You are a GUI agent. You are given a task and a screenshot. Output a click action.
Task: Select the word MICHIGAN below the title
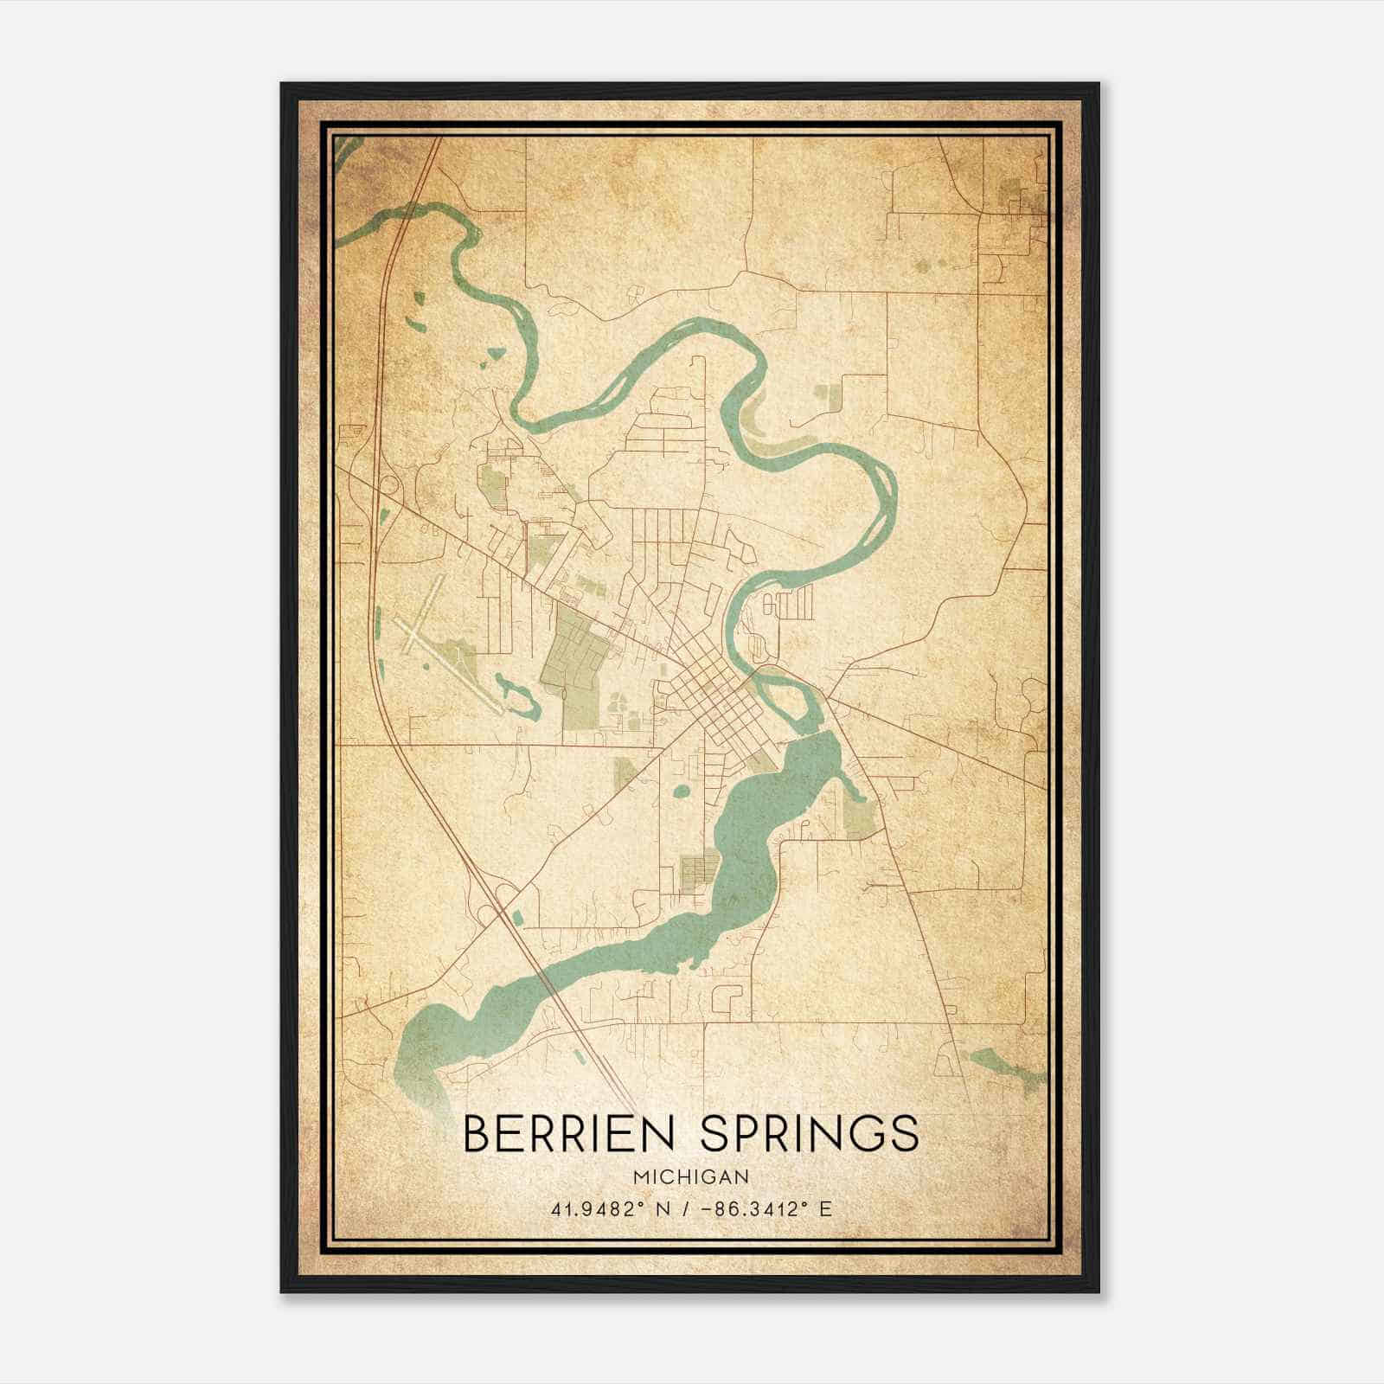[x=690, y=1177]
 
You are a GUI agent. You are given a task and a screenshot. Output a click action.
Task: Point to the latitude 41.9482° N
[x=609, y=1209]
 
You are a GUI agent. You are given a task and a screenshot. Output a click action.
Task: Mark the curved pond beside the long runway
[x=517, y=697]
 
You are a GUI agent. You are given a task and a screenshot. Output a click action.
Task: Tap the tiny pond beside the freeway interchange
[x=517, y=915]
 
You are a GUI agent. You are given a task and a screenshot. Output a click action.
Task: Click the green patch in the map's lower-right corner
[x=1003, y=1066]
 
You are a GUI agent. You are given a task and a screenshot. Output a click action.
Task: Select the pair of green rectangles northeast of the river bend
[x=829, y=399]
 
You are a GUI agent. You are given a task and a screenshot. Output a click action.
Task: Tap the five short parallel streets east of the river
[x=791, y=601]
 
